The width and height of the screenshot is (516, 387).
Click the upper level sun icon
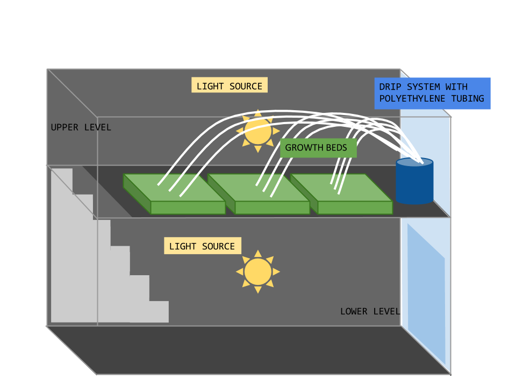(258, 131)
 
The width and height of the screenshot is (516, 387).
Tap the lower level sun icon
(258, 272)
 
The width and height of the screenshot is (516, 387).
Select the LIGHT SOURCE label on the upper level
(230, 86)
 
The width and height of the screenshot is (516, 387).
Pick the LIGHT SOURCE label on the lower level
(202, 246)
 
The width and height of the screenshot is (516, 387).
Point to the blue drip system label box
(432, 93)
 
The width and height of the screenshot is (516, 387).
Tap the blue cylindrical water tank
(414, 184)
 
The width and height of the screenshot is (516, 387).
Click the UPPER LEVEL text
(81, 127)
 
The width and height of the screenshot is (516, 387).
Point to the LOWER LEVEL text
(370, 311)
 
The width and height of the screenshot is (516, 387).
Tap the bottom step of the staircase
(156, 312)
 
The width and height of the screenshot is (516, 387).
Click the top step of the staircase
(62, 180)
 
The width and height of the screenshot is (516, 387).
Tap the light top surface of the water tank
(414, 162)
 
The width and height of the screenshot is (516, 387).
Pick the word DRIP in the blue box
(390, 87)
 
